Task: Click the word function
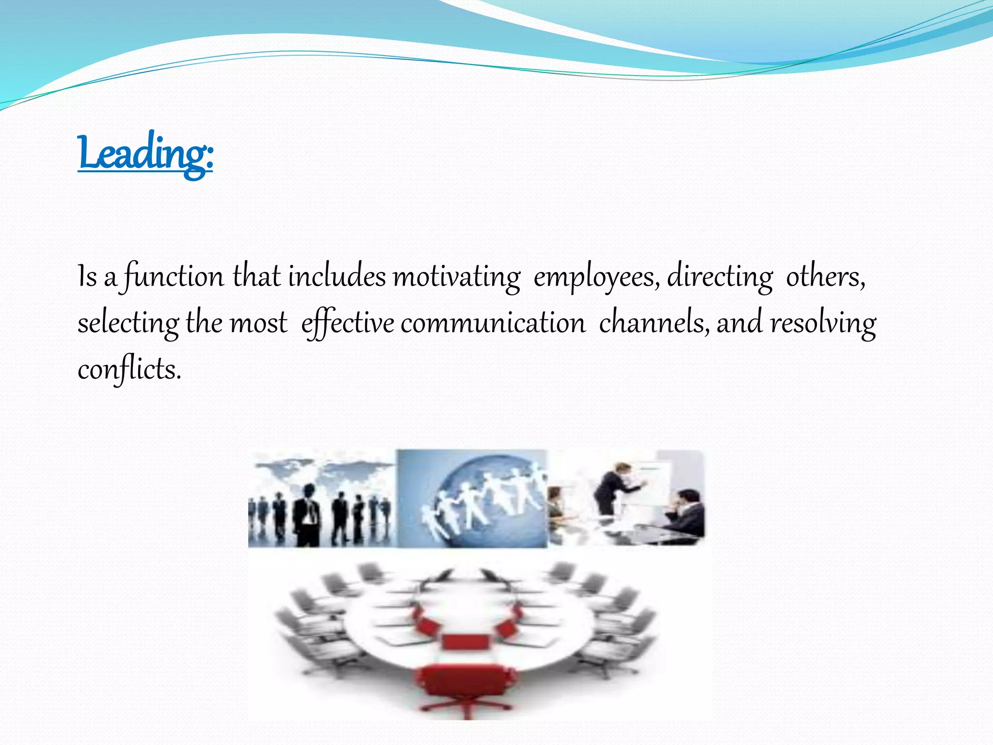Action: click(174, 277)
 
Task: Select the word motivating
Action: click(456, 277)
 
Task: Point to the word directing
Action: click(720, 277)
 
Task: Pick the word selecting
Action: click(128, 324)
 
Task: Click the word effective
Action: click(348, 324)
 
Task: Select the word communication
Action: click(493, 324)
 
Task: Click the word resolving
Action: click(823, 324)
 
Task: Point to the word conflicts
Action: click(129, 370)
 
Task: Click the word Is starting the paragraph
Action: click(87, 277)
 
